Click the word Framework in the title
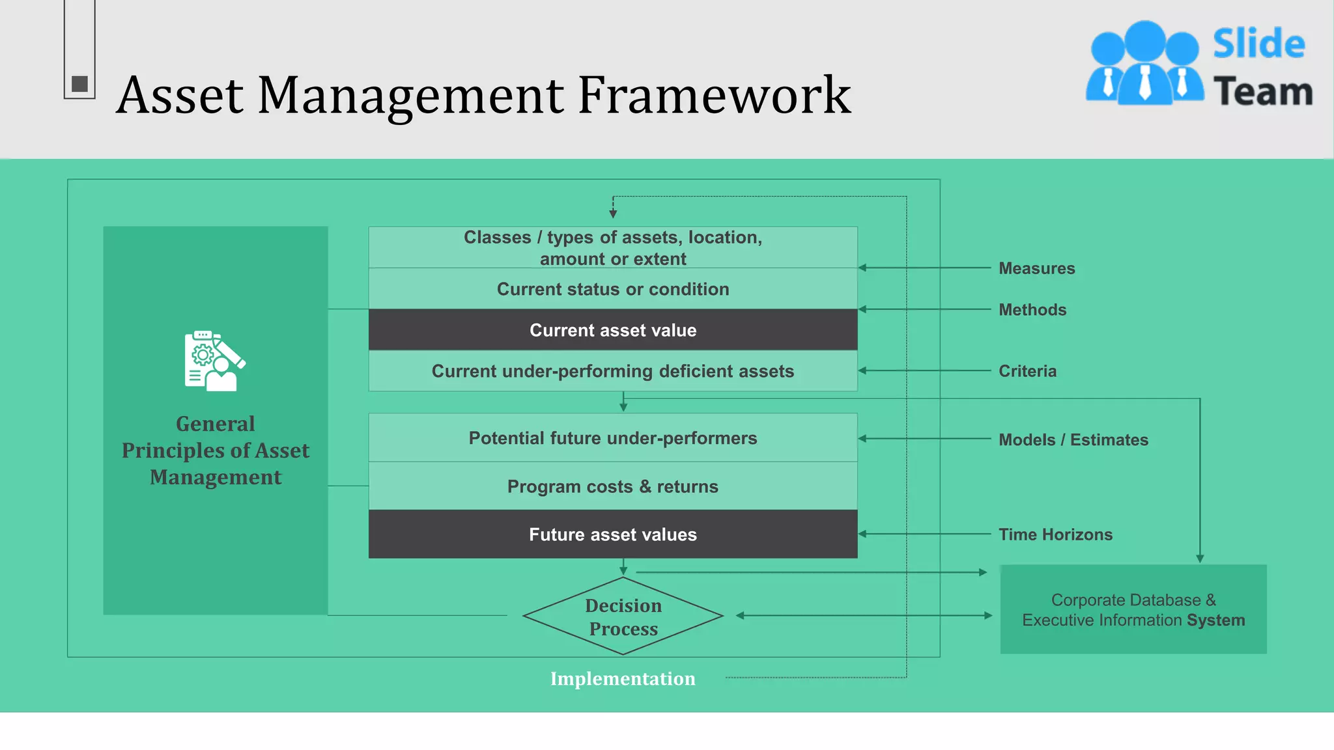(714, 96)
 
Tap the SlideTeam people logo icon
(1144, 64)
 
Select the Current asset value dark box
(612, 330)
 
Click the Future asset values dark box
(612, 535)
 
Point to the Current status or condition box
(612, 289)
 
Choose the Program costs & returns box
(612, 486)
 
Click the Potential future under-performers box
(612, 438)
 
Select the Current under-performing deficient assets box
(612, 371)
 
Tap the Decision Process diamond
(623, 617)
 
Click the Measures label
(1036, 268)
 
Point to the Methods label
(1032, 310)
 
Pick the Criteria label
(1027, 371)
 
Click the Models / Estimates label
(1073, 440)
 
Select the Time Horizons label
(1055, 535)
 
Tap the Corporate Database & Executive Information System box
(1133, 609)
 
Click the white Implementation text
(623, 678)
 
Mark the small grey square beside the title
(79, 83)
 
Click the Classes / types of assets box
(612, 247)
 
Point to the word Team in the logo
(1262, 91)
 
